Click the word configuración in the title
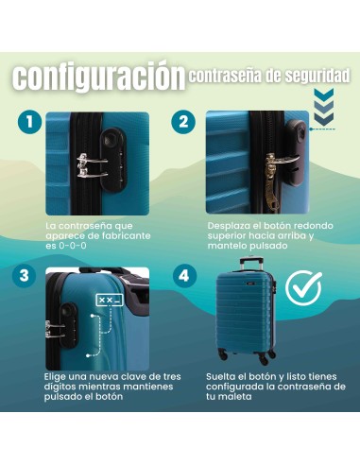[x=98, y=77]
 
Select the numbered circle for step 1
[x=29, y=122]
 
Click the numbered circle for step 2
[x=183, y=122]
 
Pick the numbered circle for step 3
[x=25, y=276]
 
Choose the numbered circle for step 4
[x=184, y=276]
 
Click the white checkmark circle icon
[x=303, y=287]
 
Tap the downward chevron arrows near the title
[x=324, y=106]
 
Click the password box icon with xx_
[x=110, y=301]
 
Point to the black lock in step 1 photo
[x=113, y=160]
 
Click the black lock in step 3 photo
[x=67, y=325]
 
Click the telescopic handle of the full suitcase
[x=251, y=265]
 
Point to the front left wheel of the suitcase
[x=223, y=354]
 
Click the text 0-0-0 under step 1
[x=72, y=246]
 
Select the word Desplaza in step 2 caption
[x=225, y=226]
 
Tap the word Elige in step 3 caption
[x=55, y=377]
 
